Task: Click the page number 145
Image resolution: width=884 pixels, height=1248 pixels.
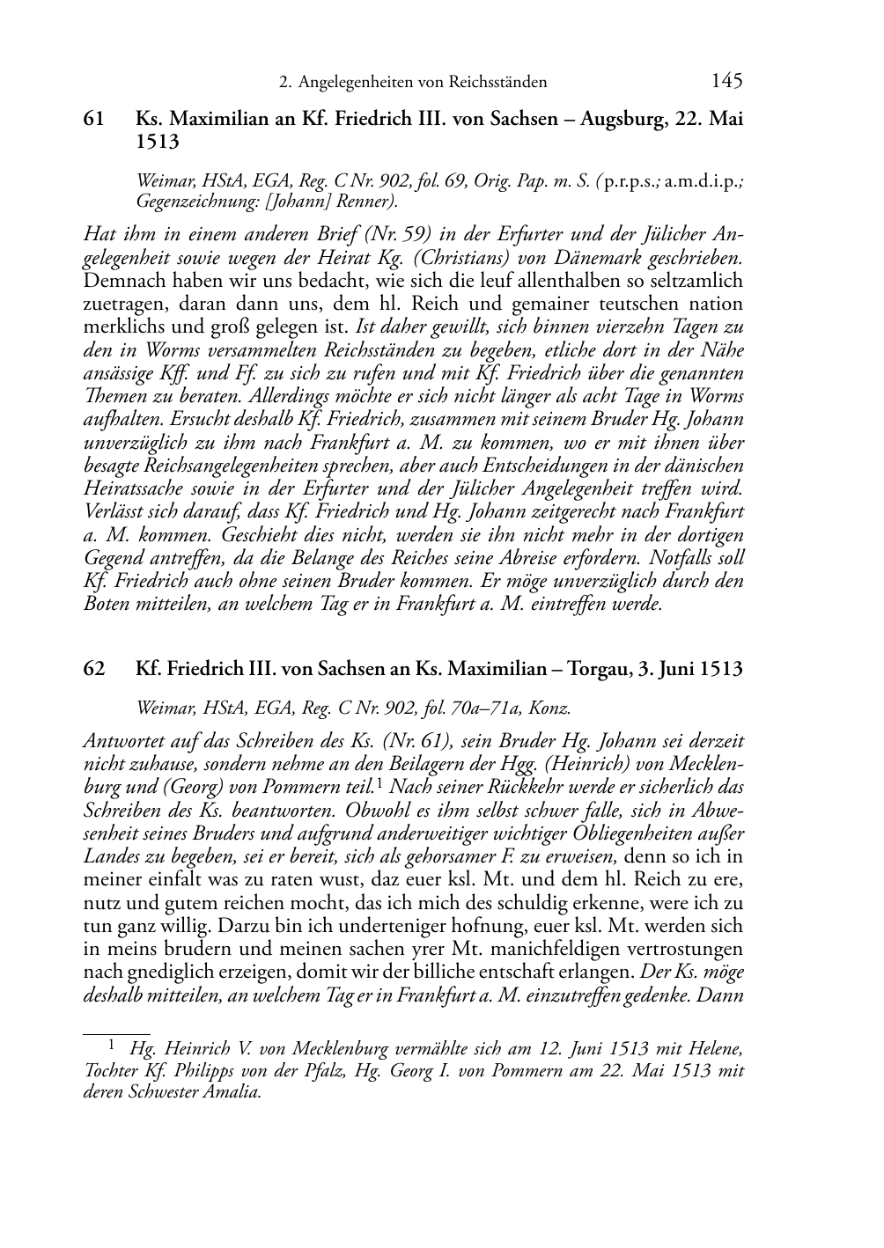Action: point(726,81)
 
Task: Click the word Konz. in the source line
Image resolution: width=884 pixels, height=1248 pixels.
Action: point(552,707)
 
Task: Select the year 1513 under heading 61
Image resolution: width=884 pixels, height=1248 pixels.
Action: point(158,141)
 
